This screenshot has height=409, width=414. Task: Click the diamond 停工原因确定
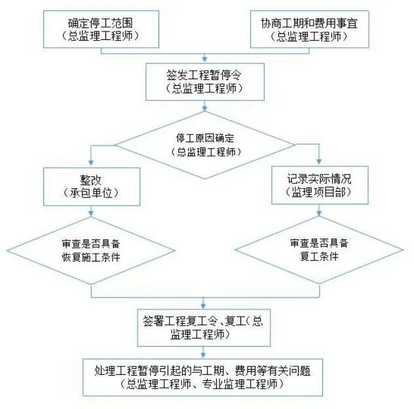click(204, 146)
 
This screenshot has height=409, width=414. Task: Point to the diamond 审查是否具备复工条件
click(319, 250)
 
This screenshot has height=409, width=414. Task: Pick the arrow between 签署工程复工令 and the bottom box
click(204, 351)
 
